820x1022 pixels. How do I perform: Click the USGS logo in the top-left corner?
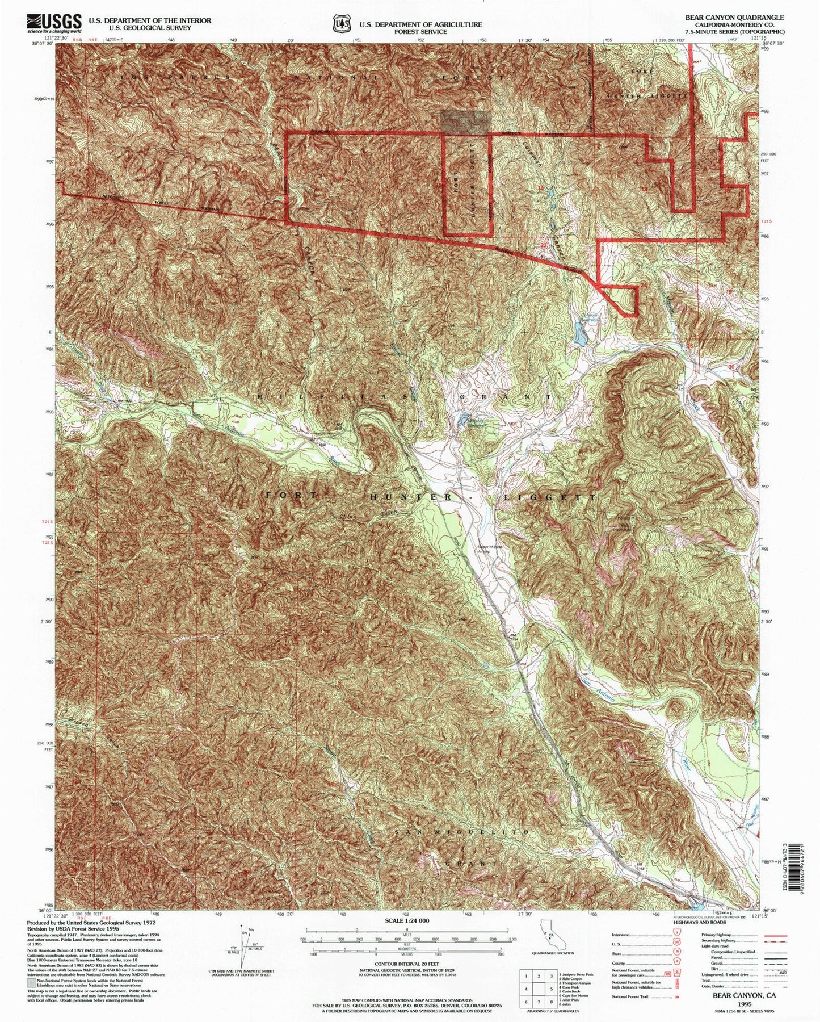[x=53, y=24]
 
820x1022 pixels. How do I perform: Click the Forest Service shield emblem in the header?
[x=341, y=24]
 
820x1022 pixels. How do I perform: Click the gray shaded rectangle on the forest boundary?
[x=466, y=123]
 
